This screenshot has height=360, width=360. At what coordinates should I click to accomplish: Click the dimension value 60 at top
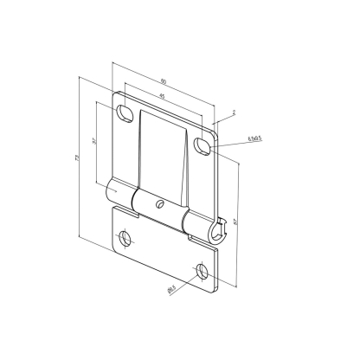(164, 83)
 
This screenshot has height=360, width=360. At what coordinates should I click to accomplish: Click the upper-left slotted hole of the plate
(125, 113)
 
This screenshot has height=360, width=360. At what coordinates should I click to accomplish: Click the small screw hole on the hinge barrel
(159, 205)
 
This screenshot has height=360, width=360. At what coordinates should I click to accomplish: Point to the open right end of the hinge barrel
(218, 231)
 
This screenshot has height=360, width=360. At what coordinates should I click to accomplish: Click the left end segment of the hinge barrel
(116, 192)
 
